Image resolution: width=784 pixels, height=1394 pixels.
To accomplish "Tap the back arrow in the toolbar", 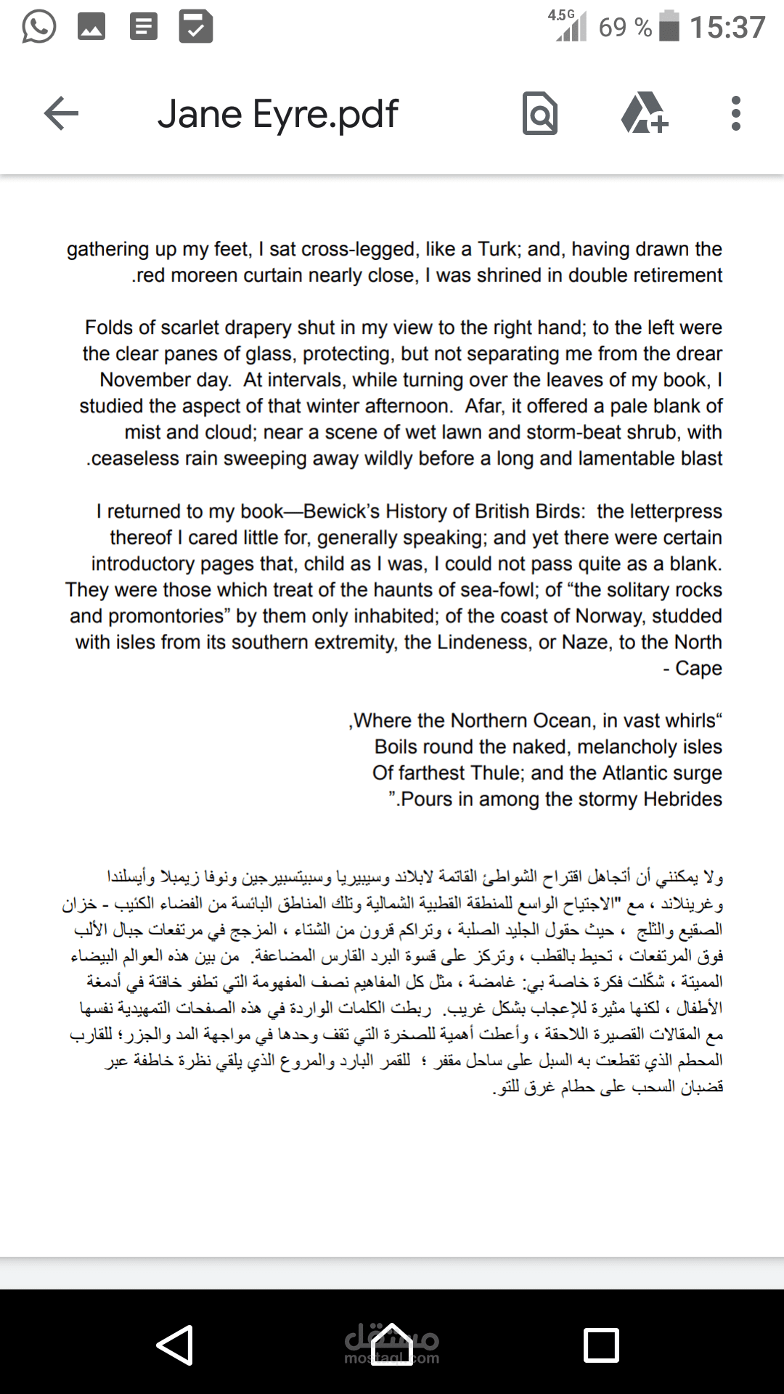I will [61, 114].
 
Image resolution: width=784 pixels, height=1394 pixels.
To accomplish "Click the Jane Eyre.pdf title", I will [277, 115].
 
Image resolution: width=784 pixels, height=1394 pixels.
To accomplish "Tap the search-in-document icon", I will [540, 114].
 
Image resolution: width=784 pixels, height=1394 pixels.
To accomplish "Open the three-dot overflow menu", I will [735, 114].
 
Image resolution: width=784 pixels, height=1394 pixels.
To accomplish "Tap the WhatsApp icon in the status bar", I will [38, 28].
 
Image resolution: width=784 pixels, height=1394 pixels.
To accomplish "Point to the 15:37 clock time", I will [727, 28].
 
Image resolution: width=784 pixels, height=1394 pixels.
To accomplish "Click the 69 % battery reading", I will [624, 28].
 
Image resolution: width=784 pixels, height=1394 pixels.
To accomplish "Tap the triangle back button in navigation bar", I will [175, 1345].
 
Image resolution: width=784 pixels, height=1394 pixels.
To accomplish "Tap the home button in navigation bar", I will [392, 1345].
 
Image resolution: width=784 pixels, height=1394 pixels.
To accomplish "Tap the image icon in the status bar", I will [91, 28].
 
